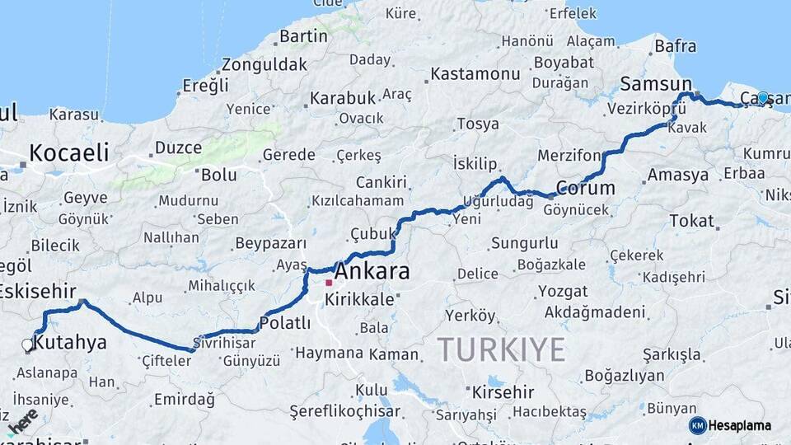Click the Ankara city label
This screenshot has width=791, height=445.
372,272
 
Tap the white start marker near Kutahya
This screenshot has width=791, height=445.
27,344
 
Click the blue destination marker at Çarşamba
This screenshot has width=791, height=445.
763,98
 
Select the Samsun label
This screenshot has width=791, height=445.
656,83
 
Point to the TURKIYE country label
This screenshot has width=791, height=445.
501,349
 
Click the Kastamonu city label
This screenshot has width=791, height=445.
475,74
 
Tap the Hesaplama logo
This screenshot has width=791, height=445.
731,425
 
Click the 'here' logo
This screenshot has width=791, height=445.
22,419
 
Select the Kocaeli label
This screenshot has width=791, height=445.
69,152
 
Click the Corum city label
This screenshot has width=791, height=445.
585,188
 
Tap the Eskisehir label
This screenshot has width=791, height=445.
37,291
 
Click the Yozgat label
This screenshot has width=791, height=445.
563,292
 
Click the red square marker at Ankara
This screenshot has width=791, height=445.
328,283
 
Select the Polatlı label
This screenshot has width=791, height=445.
285,322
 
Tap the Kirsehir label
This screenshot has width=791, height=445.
503,392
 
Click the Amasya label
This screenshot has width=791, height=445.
677,176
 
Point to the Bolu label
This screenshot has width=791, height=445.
219,175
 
